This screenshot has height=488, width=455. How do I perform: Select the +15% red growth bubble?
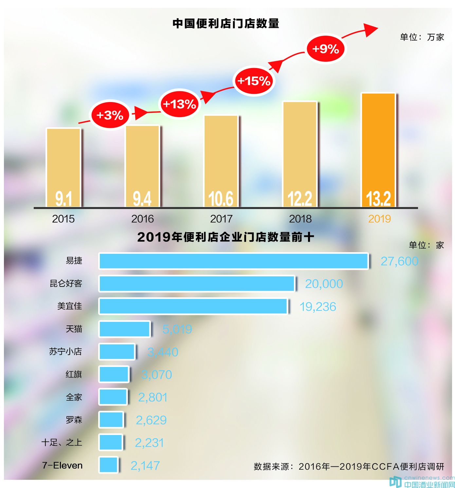point(254,81)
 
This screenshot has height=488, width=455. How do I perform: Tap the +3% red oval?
point(110,115)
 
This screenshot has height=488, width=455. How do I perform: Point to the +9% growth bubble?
point(326,49)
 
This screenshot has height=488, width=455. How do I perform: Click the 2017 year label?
point(221,219)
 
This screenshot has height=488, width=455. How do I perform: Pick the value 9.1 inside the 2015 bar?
point(64,199)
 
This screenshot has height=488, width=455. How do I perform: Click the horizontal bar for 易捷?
point(233,261)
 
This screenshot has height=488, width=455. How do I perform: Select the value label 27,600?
point(399,261)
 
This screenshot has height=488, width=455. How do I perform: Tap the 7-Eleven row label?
point(62,465)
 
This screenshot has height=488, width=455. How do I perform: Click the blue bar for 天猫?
point(124,329)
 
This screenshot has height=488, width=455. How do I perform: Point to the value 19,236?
point(318,307)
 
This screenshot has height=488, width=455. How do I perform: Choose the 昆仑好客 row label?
point(66,283)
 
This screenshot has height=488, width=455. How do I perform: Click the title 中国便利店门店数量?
point(226,24)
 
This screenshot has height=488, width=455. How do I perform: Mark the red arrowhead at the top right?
point(372,29)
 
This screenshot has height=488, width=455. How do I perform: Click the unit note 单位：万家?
point(422,37)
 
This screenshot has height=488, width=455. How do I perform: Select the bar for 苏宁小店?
point(117,352)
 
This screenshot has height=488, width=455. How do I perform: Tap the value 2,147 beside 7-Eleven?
point(145,465)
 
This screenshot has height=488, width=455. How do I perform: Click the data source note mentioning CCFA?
point(349,466)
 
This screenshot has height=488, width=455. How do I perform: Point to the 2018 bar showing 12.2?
point(300,154)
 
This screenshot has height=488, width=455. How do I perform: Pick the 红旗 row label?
point(74,374)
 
